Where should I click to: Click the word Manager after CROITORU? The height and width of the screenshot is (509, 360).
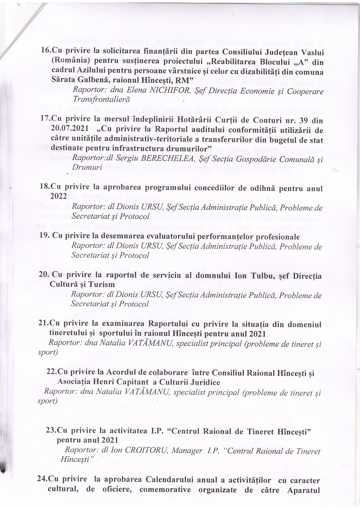(187, 451)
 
